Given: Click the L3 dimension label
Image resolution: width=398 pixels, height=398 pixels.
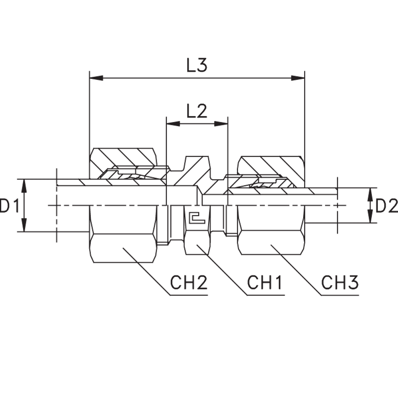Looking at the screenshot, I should (197, 65).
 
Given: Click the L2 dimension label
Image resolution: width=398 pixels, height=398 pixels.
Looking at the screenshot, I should (197, 112).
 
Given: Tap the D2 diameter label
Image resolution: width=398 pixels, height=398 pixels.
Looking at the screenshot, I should (386, 206).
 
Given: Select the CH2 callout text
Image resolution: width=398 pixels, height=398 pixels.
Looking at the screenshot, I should (189, 283).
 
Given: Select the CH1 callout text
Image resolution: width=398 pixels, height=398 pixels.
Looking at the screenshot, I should (265, 283).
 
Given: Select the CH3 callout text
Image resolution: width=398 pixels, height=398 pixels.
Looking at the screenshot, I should (340, 283).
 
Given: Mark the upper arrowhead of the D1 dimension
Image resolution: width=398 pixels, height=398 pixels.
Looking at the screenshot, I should (24, 185).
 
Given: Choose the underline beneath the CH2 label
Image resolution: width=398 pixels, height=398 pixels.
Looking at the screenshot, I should (189, 295).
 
